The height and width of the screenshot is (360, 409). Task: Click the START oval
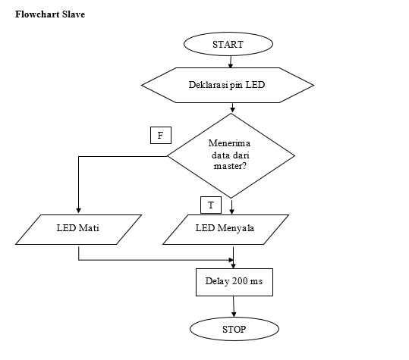tap(228, 44)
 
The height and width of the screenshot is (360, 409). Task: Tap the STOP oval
tap(234, 329)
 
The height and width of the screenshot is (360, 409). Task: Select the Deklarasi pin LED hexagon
tap(228, 85)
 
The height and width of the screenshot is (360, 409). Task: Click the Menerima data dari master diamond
tap(231, 156)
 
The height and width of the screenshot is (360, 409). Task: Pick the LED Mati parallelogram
tap(78, 230)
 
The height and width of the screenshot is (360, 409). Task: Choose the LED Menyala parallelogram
tap(225, 230)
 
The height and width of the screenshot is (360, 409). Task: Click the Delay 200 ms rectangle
tap(234, 282)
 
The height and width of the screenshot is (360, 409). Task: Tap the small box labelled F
tap(161, 135)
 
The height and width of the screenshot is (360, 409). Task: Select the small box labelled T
tap(211, 205)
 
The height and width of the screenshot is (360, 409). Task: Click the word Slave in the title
tap(74, 14)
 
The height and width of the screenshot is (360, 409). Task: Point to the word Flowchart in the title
tap(37, 14)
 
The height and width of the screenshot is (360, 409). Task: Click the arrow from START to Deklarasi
tap(231, 61)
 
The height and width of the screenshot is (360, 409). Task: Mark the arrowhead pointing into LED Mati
tap(78, 211)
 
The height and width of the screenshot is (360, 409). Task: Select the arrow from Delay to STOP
tap(234, 307)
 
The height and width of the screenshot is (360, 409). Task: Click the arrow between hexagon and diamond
tap(232, 108)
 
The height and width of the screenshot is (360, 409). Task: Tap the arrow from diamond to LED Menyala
tap(231, 207)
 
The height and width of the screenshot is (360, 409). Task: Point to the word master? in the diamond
tap(230, 166)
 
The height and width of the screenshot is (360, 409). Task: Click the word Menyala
tap(236, 228)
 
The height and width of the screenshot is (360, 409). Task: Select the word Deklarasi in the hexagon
tap(208, 85)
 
